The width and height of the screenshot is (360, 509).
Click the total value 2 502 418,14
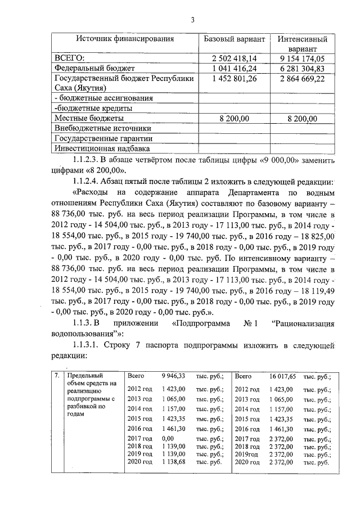(x=233, y=58)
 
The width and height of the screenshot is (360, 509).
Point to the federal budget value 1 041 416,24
(x=233, y=68)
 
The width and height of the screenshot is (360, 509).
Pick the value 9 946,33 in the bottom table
(x=173, y=376)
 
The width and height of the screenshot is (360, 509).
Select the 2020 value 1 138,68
(x=173, y=461)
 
